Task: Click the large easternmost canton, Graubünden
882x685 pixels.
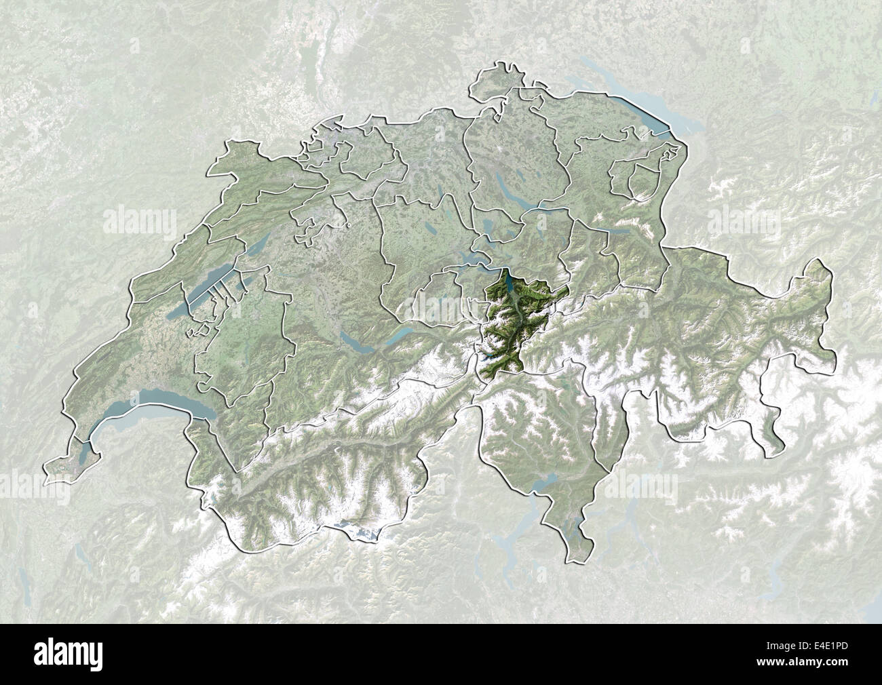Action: click(712, 339)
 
